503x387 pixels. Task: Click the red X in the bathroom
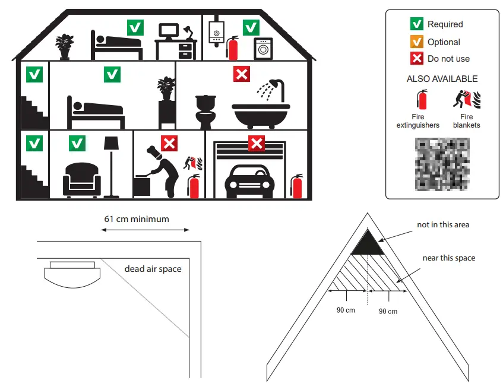(x=241, y=75)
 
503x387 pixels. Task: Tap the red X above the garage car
(x=256, y=143)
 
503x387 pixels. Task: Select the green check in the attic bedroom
(x=135, y=27)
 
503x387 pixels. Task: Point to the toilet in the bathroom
(x=205, y=111)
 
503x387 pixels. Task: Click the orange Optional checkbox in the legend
(x=416, y=42)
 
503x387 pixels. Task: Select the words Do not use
(x=448, y=59)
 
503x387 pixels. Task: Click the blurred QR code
(x=442, y=164)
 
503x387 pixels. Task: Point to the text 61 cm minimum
(x=137, y=219)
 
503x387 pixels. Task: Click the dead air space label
(x=153, y=269)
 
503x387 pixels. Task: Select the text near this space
(x=448, y=258)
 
